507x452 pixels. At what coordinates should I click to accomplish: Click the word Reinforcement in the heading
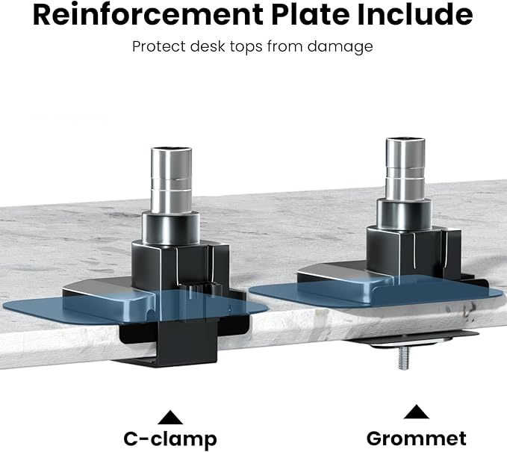pos(148,15)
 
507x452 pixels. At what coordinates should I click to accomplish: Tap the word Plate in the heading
pos(311,15)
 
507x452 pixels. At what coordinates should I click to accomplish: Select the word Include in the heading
pos(415,15)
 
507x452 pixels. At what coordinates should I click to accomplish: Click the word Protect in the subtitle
pos(159,46)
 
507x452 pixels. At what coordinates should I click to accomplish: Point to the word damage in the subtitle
pos(340,47)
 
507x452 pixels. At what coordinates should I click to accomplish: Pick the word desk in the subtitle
pos(208,46)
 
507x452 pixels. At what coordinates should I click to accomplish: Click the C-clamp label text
pos(170,439)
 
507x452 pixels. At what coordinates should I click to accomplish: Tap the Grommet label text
pos(417,439)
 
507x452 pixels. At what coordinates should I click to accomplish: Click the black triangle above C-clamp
pos(170,418)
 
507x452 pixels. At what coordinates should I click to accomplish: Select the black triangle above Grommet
pos(417,412)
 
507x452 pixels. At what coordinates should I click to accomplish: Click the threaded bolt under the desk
pos(403,358)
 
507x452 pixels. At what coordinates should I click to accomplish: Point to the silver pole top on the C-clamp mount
pos(172,180)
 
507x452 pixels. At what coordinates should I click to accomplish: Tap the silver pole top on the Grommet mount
pos(405,169)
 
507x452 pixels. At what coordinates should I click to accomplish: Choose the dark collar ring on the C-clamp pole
pos(171,228)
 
